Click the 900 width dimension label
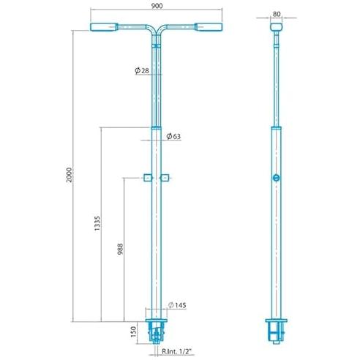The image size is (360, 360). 157,6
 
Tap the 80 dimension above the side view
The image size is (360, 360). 277,14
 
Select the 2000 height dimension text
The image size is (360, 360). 70,175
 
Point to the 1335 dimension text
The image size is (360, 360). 97,223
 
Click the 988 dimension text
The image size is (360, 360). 120,249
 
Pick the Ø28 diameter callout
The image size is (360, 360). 142,71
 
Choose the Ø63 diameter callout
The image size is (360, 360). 173,136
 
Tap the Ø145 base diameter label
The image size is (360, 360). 177,305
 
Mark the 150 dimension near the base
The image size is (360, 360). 133,332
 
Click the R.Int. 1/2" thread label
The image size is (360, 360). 177,351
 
